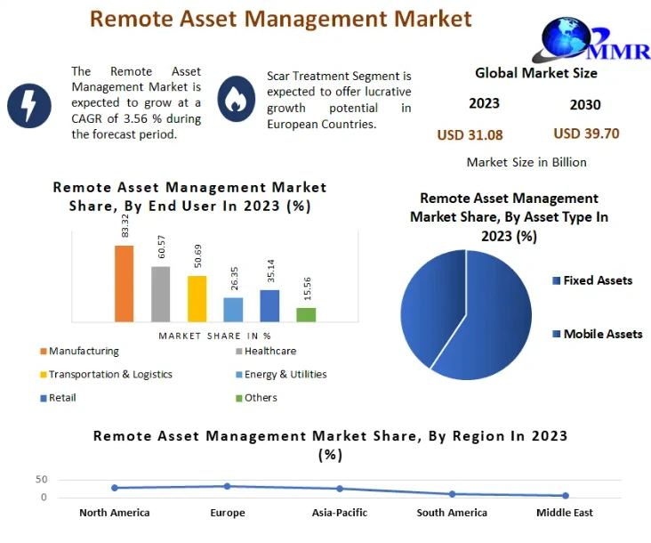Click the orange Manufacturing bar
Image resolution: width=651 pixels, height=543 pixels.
tap(124, 283)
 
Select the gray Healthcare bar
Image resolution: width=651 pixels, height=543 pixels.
tap(160, 294)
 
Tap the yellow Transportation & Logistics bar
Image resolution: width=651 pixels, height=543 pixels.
tap(197, 298)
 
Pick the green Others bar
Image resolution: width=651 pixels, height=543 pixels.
tap(306, 314)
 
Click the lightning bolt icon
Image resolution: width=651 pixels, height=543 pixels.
tap(29, 105)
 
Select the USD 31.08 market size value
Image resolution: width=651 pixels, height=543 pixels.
tap(470, 135)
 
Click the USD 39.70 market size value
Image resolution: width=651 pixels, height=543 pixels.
tap(586, 134)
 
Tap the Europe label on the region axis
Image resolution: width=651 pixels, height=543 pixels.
tap(228, 513)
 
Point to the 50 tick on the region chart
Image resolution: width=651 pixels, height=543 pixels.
tap(41, 480)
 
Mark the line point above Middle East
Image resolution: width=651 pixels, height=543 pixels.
tap(565, 496)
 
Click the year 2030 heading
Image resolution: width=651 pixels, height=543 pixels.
tap(585, 105)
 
